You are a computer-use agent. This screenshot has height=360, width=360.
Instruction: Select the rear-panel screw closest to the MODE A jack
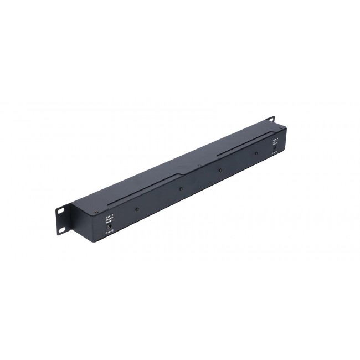(x=256, y=155)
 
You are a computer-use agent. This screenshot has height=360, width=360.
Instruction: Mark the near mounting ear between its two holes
(x=61, y=218)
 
